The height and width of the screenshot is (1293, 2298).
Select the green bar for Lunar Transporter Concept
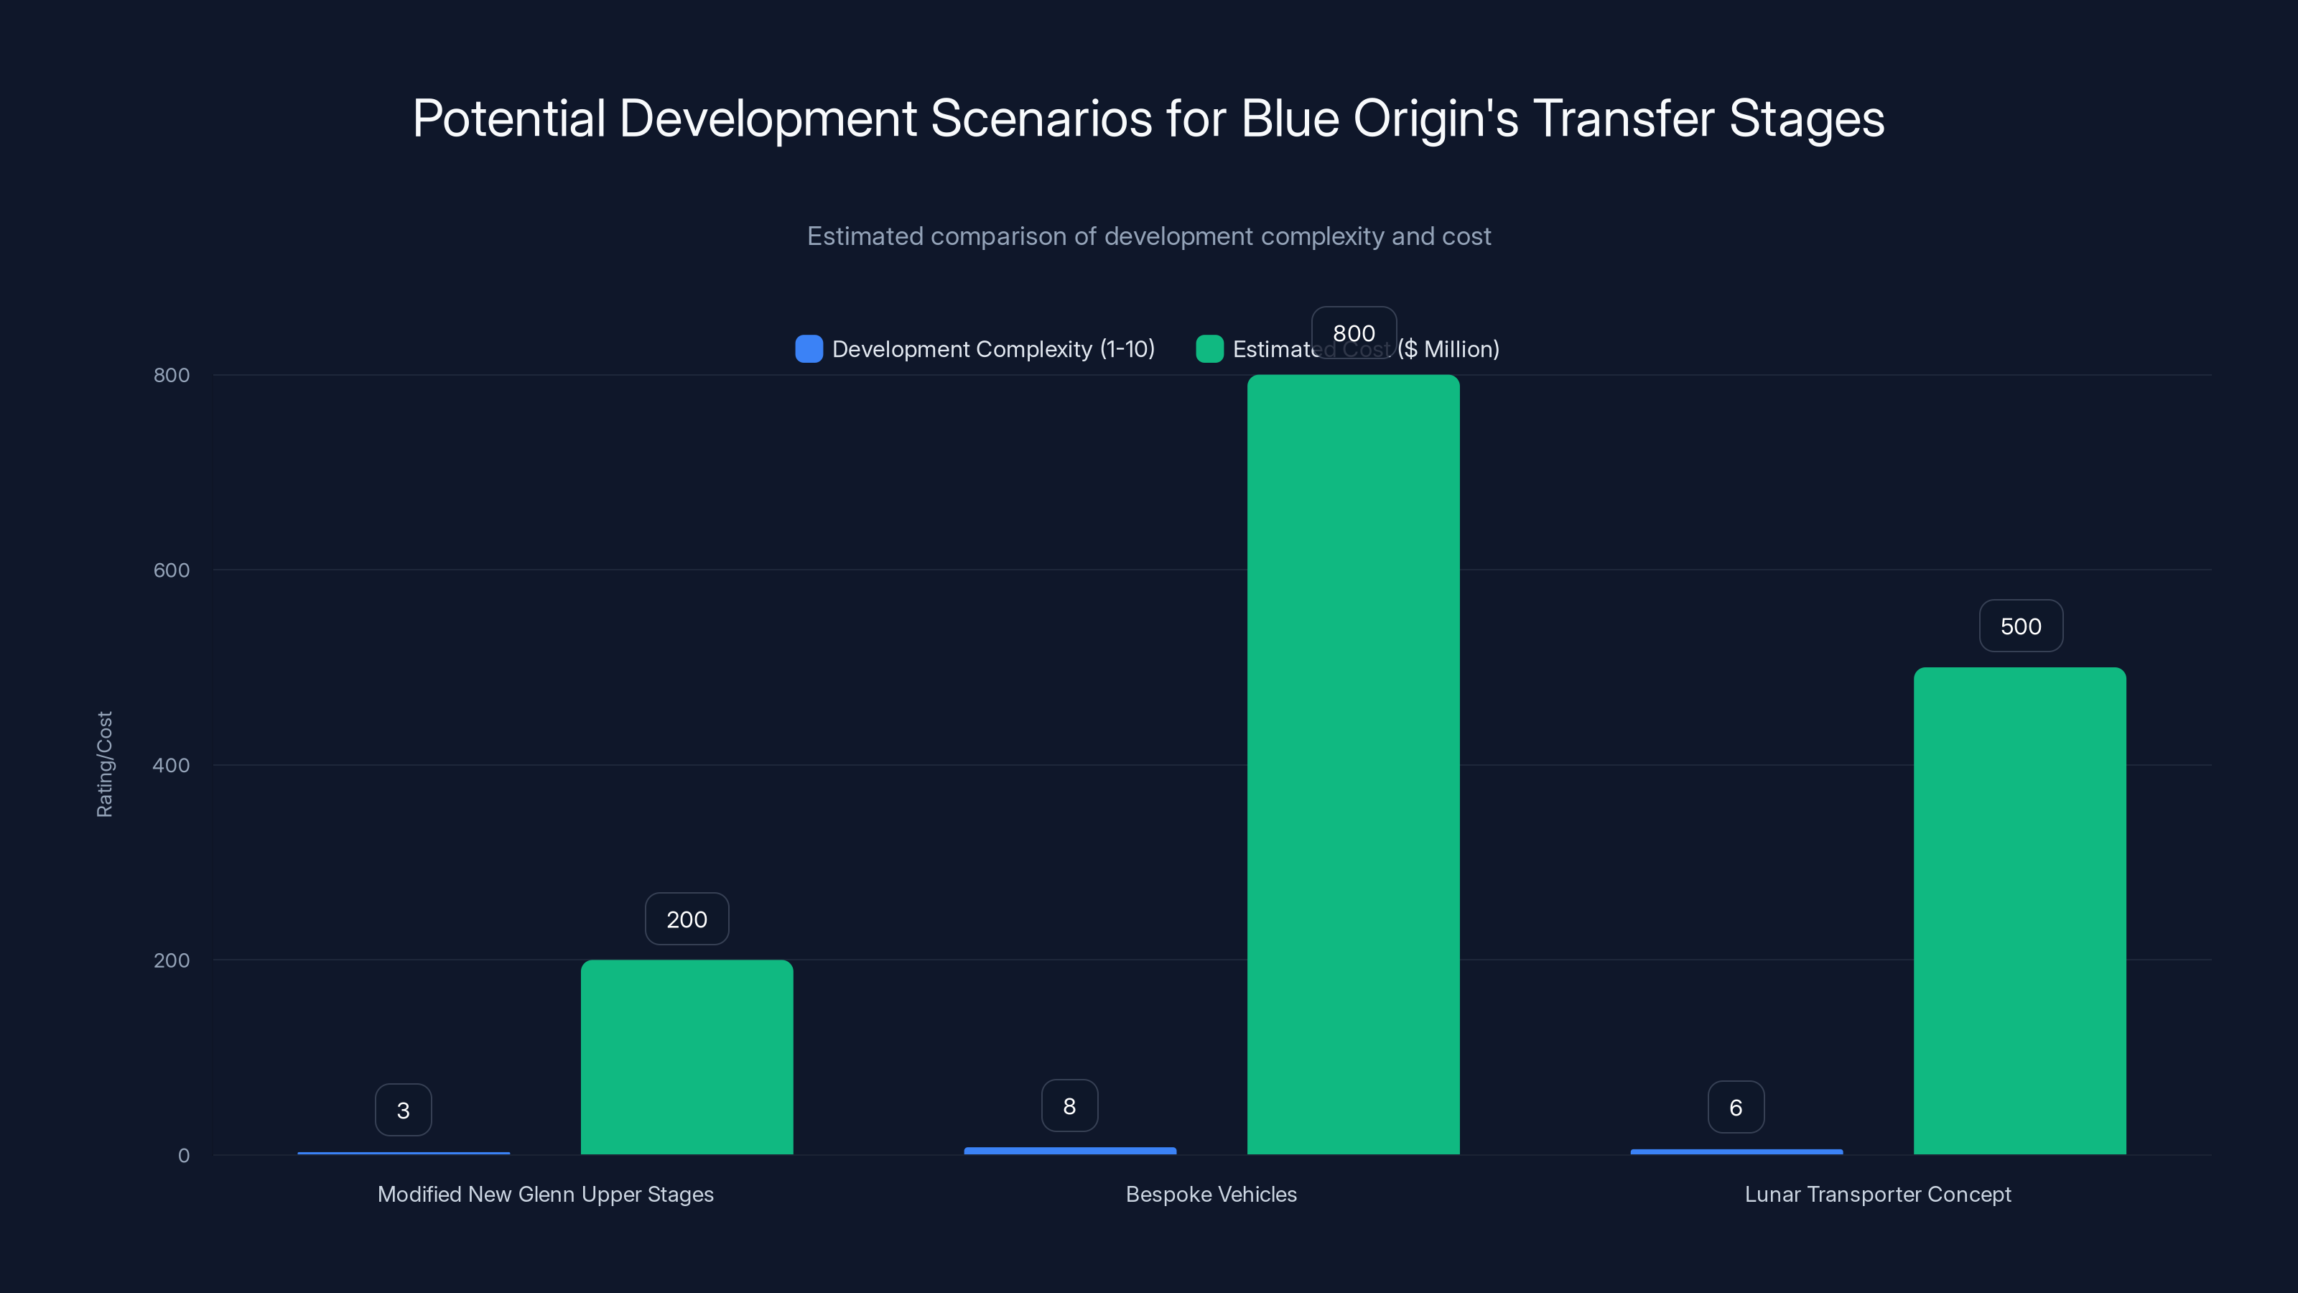point(2019,910)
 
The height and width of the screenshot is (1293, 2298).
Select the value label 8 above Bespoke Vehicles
point(1069,1106)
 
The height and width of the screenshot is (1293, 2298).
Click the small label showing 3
point(403,1110)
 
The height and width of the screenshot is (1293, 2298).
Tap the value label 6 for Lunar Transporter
point(1735,1108)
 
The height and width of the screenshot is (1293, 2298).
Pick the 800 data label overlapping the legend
point(1353,333)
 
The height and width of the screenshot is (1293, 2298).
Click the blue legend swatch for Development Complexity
point(808,349)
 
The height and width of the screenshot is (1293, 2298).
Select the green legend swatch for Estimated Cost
point(1209,349)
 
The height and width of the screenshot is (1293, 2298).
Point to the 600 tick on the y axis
point(172,570)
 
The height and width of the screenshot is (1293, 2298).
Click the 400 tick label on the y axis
point(172,765)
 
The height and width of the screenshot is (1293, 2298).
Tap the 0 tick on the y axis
point(184,1156)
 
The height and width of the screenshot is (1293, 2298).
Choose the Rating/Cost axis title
point(104,764)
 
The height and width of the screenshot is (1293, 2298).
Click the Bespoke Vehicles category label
point(1211,1194)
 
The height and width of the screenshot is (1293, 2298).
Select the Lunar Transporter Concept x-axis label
point(1877,1194)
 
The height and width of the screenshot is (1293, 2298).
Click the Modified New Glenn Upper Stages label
point(545,1194)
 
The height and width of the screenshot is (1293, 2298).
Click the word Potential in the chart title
point(508,119)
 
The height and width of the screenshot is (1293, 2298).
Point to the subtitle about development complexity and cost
point(1148,236)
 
